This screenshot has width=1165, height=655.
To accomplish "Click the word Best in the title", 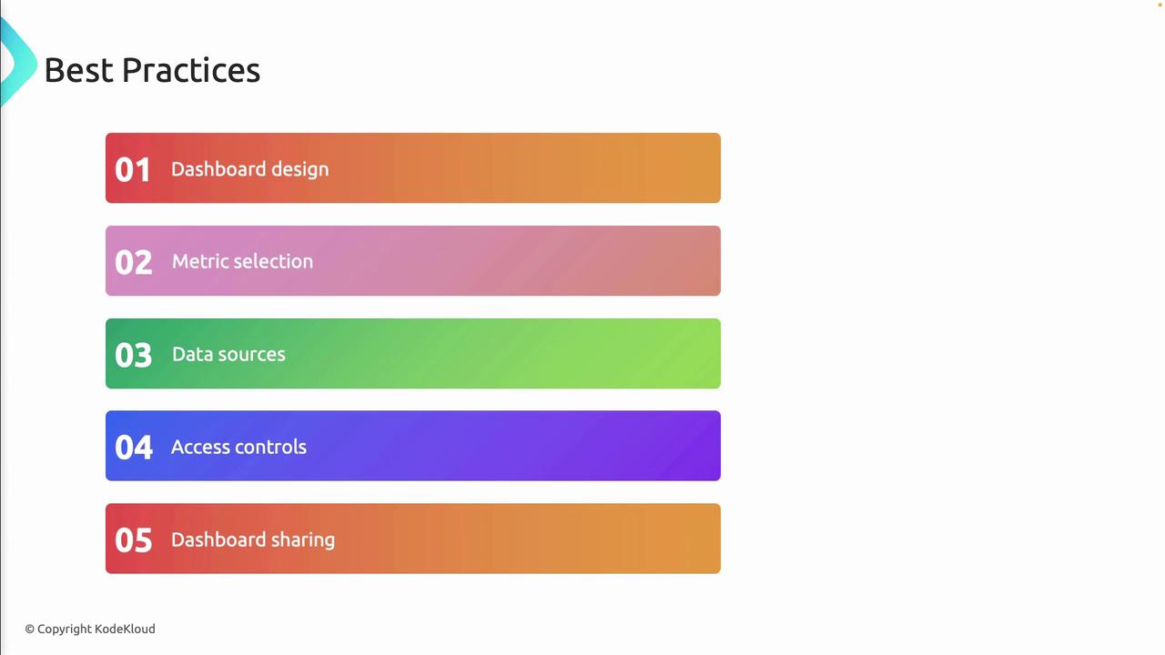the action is pos(78,70).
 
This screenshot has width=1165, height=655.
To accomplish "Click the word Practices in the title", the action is pos(191,70).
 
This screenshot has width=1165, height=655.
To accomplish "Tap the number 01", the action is pos(133,170).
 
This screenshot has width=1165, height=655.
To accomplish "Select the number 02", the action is pos(134,263).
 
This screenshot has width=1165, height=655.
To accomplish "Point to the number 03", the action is pos(134,356).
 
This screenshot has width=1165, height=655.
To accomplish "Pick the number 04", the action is pos(134,448).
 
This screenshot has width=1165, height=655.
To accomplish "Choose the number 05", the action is pos(134,540).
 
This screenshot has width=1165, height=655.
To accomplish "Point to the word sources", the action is pos(254,356).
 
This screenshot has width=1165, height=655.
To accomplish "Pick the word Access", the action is pos(198,447).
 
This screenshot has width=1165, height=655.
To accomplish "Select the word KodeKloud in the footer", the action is pos(125,629).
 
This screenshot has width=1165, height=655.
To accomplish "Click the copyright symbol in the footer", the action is pos(30,630).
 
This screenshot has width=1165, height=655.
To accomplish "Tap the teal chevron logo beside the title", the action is pos(20,63).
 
